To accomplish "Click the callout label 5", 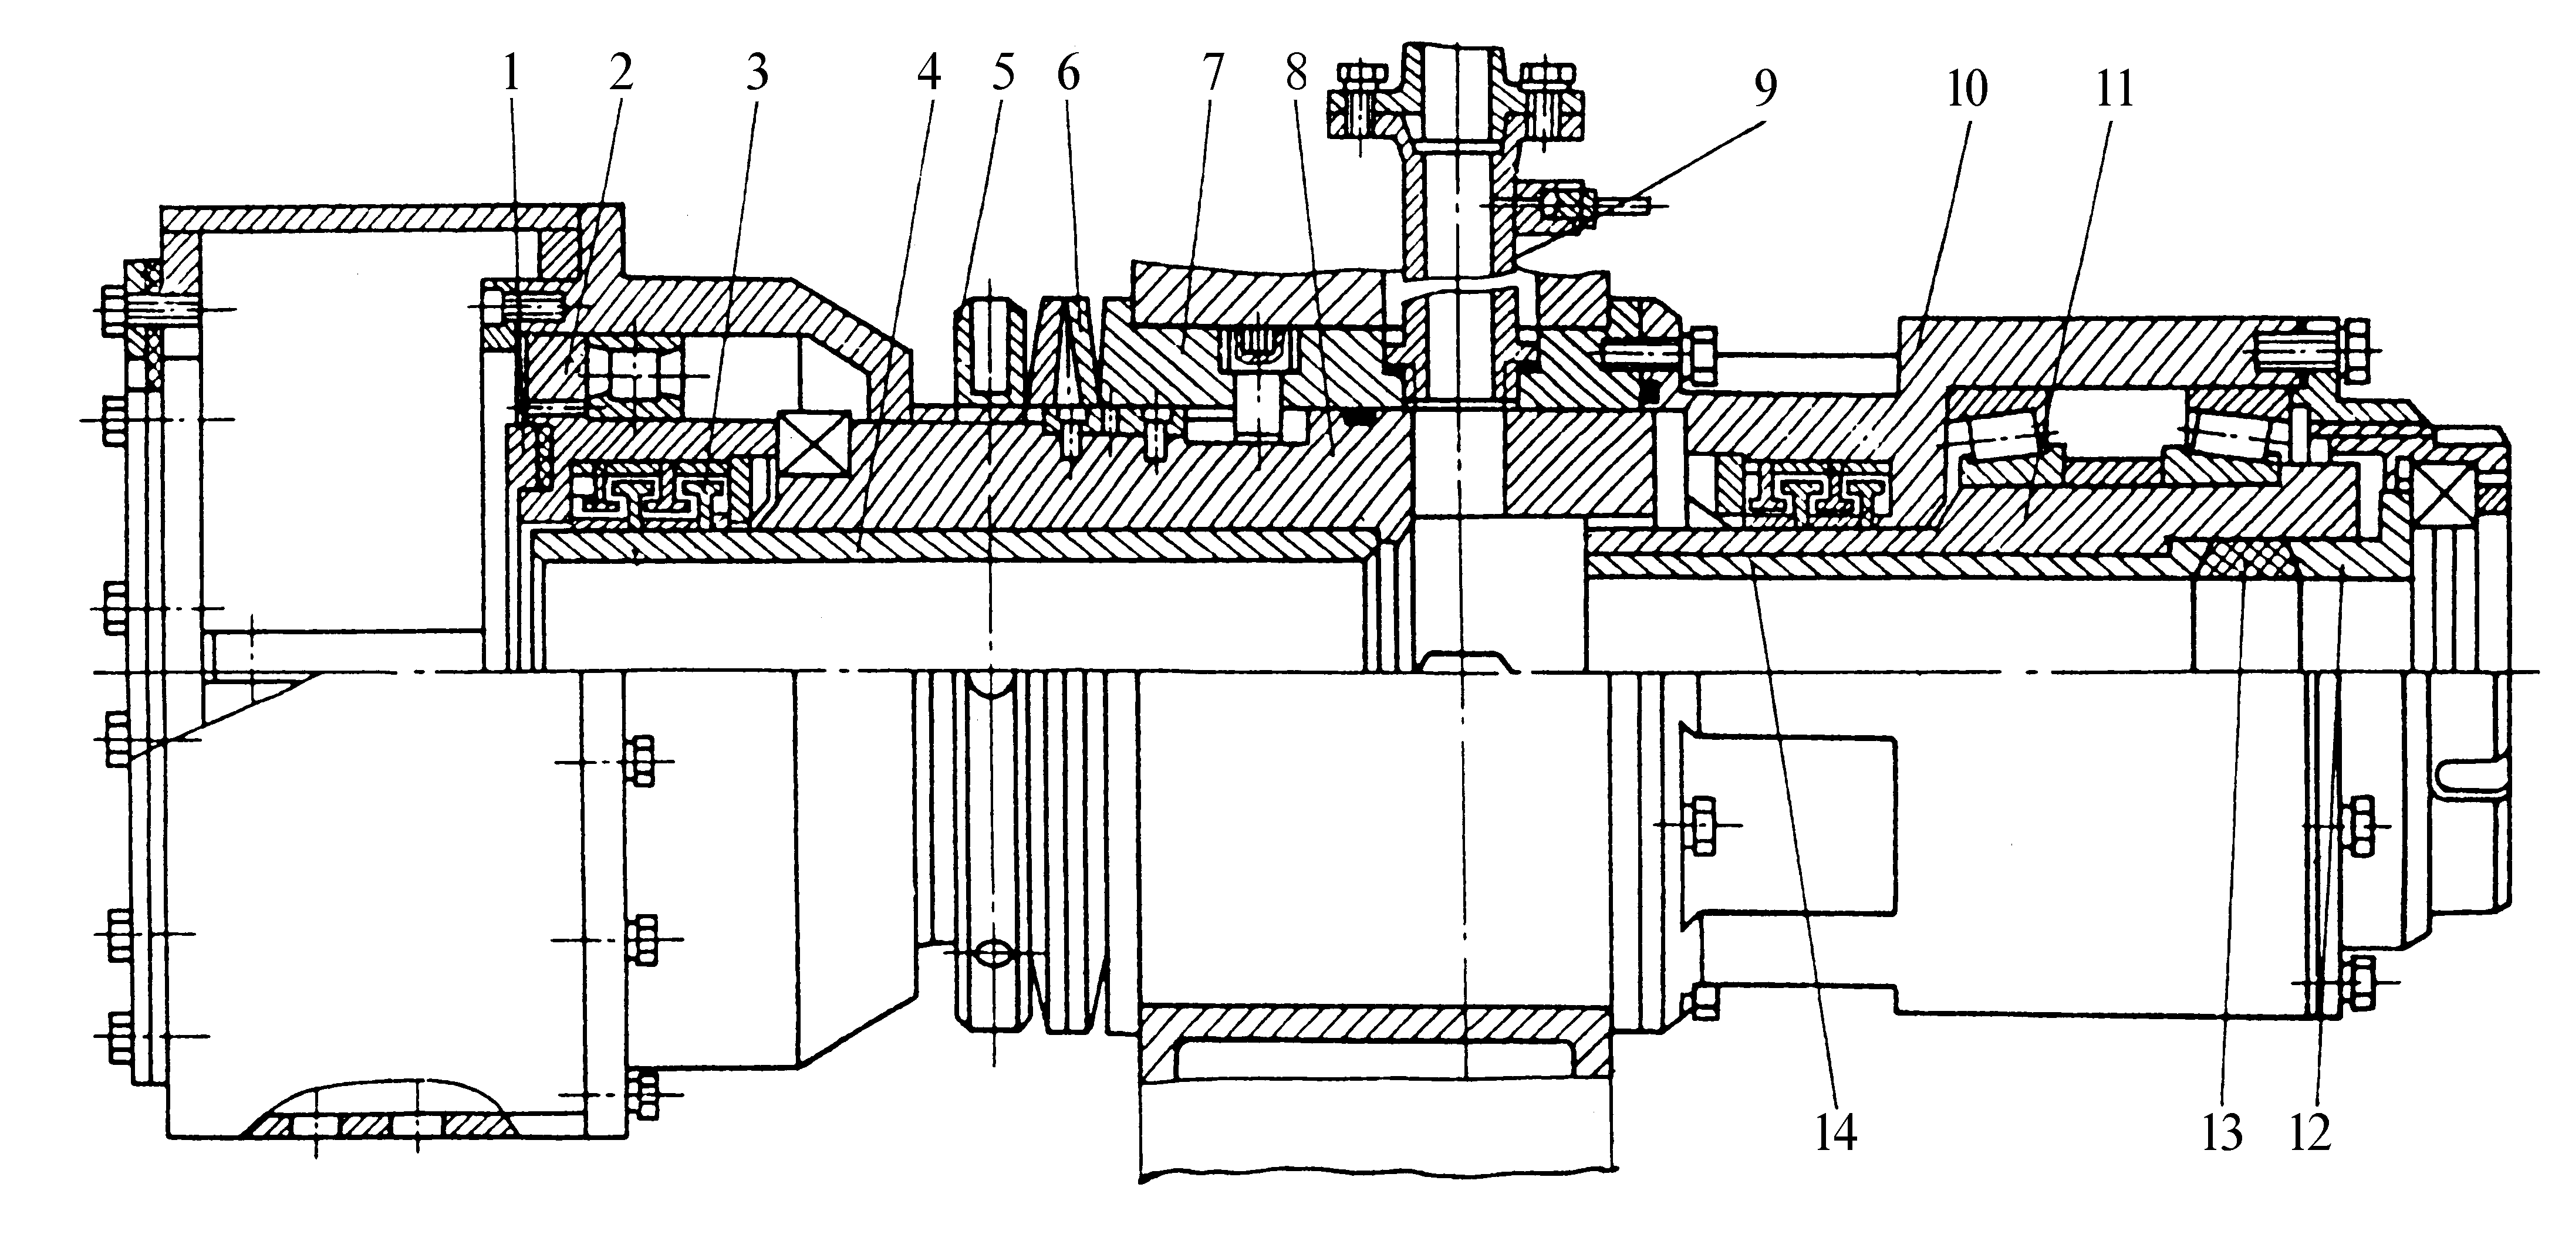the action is click(1003, 73).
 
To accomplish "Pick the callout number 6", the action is click(1068, 73).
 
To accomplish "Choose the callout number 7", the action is click(1212, 73).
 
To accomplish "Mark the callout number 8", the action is click(1296, 73).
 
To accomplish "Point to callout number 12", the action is click(2310, 1133).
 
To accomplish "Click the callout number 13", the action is click(2223, 1133).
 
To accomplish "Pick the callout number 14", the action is click(1836, 1133).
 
